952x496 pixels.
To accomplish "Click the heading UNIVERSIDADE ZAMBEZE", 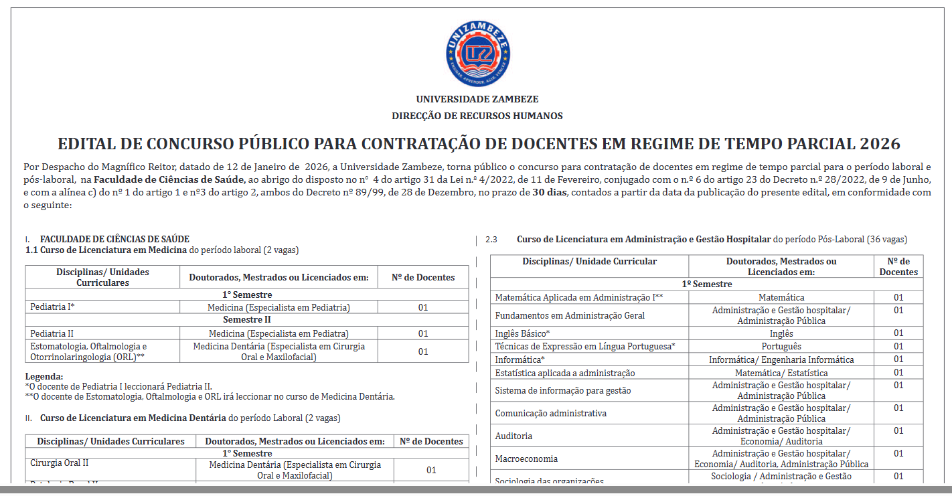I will (477, 99).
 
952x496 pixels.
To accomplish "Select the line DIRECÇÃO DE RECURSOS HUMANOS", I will (477, 116).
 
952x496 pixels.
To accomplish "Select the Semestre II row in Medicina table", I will (246, 320).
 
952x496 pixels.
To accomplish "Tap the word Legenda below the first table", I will (44, 376).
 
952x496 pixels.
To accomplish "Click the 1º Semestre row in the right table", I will (706, 284).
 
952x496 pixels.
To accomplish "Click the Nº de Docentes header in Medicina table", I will (423, 277).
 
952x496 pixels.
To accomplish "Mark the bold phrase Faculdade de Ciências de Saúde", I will (170, 179).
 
